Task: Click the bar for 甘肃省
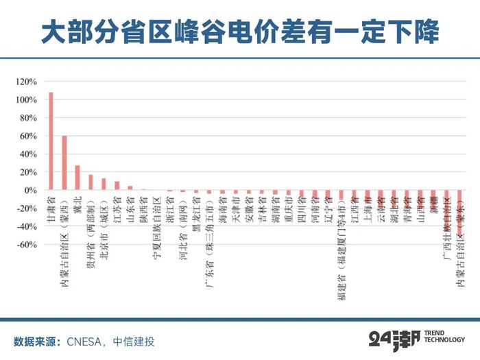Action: pos(51,141)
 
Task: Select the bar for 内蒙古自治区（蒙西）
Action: pos(64,163)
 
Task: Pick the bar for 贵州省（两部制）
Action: pos(91,182)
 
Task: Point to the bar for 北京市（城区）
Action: pos(104,184)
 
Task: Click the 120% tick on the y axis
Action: pos(27,82)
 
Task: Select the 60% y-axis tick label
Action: pos(29,136)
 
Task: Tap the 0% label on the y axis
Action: pos(31,190)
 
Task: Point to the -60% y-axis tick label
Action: pos(27,244)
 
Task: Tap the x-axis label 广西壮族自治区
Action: pos(447,226)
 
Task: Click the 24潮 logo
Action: pos(393,339)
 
